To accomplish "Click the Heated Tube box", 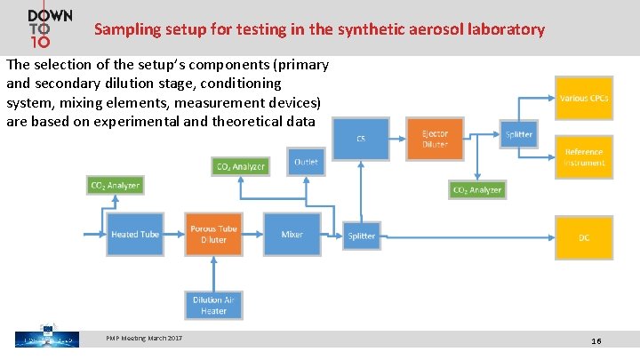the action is click(x=135, y=235).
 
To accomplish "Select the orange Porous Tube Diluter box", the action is click(x=213, y=235).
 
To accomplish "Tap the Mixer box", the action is click(x=292, y=235).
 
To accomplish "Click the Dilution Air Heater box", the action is click(x=213, y=306).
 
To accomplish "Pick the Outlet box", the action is click(x=306, y=163).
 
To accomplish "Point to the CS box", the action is click(x=361, y=139).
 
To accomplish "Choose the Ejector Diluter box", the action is click(x=435, y=139).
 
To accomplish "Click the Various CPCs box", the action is click(x=584, y=99).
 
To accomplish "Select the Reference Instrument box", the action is click(x=584, y=157).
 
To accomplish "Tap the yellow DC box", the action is click(x=584, y=237).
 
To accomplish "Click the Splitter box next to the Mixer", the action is click(x=362, y=236).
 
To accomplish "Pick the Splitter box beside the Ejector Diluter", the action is click(x=518, y=135).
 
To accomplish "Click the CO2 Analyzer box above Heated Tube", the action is click(x=116, y=185).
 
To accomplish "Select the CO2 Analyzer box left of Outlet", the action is click(x=241, y=166).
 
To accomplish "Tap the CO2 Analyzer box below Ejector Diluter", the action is click(x=477, y=189).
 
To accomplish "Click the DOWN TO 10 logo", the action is click(x=50, y=28).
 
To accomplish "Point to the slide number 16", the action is click(x=596, y=341).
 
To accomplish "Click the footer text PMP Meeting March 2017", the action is click(x=144, y=338).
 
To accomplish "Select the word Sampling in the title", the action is click(x=125, y=29).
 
